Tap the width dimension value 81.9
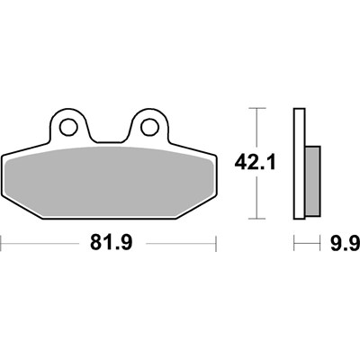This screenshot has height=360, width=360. point(109,243)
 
